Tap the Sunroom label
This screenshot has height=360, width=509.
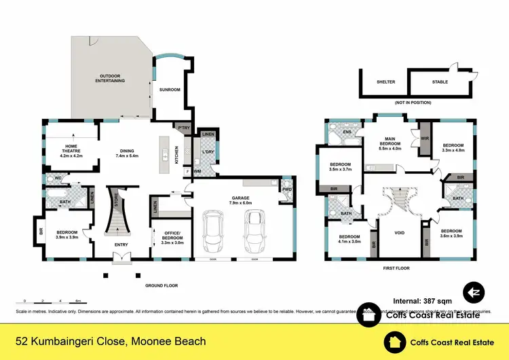[x=169, y=89]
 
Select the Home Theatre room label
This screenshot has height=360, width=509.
[x=71, y=151]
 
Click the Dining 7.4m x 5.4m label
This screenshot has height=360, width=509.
[x=127, y=154]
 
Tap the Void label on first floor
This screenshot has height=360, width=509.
[x=400, y=233]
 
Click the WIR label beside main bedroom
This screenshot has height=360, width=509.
[x=424, y=138]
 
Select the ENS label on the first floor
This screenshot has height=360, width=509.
[x=347, y=132]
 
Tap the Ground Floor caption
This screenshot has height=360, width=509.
[x=162, y=286]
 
